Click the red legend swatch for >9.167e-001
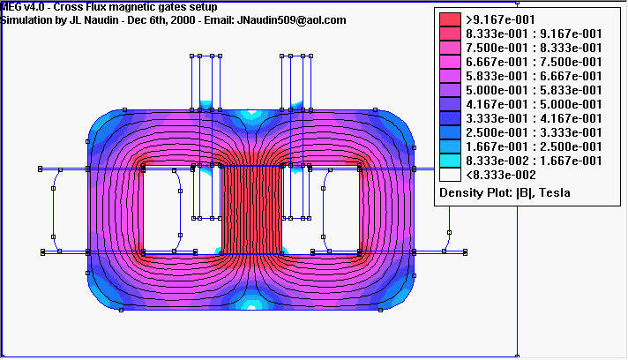pos(450,19)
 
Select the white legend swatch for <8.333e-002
pos(450,175)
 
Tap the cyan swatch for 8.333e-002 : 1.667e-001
pos(450,161)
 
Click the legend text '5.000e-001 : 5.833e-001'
pos(534,91)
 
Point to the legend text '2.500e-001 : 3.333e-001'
pos(534,132)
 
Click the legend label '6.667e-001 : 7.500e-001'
pos(534,62)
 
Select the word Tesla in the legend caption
pos(554,192)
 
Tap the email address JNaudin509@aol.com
pos(292,20)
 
